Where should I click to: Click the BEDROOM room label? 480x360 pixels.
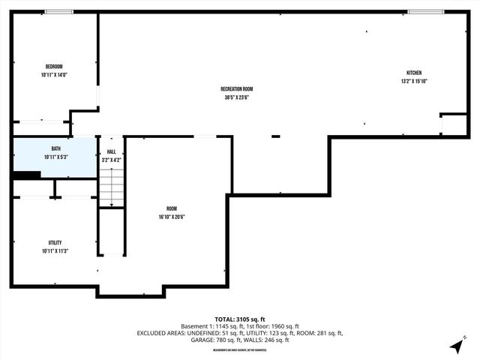click(54, 66)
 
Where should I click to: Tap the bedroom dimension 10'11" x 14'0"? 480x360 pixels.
click(54, 75)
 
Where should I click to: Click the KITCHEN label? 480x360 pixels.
click(414, 73)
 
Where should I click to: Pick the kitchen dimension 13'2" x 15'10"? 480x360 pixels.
click(414, 82)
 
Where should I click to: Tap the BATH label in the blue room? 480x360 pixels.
click(55, 148)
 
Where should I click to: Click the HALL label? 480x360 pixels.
click(111, 151)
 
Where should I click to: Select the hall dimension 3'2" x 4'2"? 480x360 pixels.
click(111, 160)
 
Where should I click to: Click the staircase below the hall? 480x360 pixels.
click(111, 187)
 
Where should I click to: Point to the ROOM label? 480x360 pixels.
click(172, 208)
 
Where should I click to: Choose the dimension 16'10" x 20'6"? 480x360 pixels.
click(172, 217)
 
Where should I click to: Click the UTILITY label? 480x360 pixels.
click(55, 242)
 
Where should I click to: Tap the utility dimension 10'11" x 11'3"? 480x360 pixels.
click(55, 251)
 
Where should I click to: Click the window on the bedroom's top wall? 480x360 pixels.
click(58, 12)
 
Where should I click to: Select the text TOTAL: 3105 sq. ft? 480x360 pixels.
click(239, 318)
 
